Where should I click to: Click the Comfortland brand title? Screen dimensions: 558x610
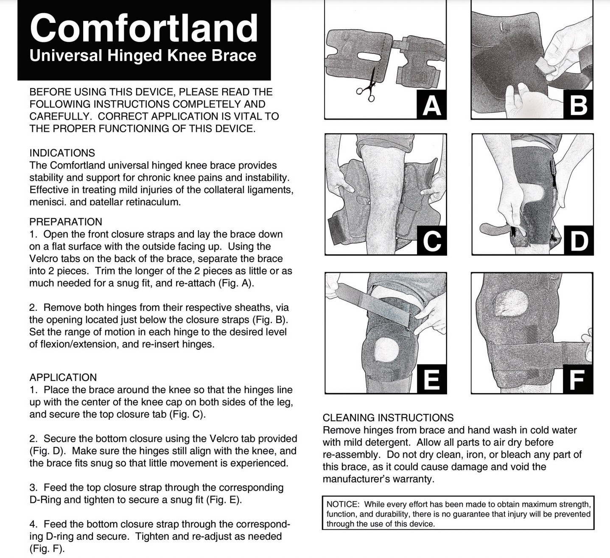144,28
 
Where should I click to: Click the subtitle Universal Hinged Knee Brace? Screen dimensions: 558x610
143,56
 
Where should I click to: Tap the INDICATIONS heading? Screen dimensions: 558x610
62,153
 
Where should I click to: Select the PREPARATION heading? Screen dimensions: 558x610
66,222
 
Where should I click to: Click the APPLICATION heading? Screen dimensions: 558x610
63,377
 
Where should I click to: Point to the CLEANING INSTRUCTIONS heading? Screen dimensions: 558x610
388,418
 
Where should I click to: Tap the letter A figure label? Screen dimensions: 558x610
431,105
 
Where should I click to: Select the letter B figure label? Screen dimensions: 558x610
578,105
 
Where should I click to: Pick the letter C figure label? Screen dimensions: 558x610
431,240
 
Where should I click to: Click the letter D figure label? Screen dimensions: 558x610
578,240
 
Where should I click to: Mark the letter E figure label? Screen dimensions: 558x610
431,379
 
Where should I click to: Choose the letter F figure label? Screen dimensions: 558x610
577,379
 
